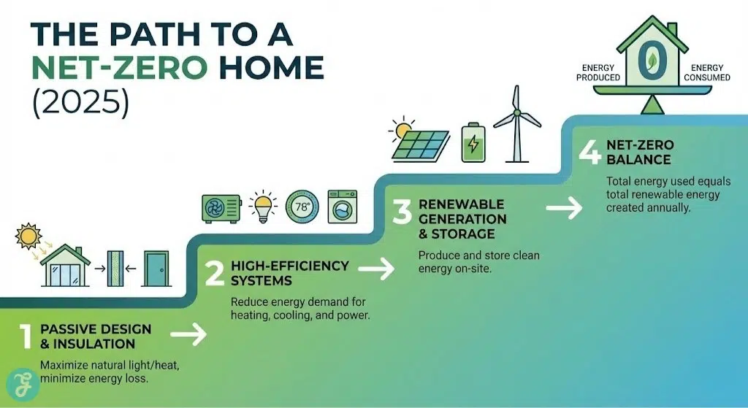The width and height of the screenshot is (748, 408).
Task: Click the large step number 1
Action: [26, 336]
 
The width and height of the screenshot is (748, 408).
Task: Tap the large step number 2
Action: [214, 273]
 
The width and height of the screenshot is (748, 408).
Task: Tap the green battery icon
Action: [471, 142]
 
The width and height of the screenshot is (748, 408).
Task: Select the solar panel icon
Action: [422, 142]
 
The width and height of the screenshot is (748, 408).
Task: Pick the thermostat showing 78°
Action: [302, 207]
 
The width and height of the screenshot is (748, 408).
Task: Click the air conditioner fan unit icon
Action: [221, 208]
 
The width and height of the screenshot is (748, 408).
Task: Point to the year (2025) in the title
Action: [80, 101]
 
